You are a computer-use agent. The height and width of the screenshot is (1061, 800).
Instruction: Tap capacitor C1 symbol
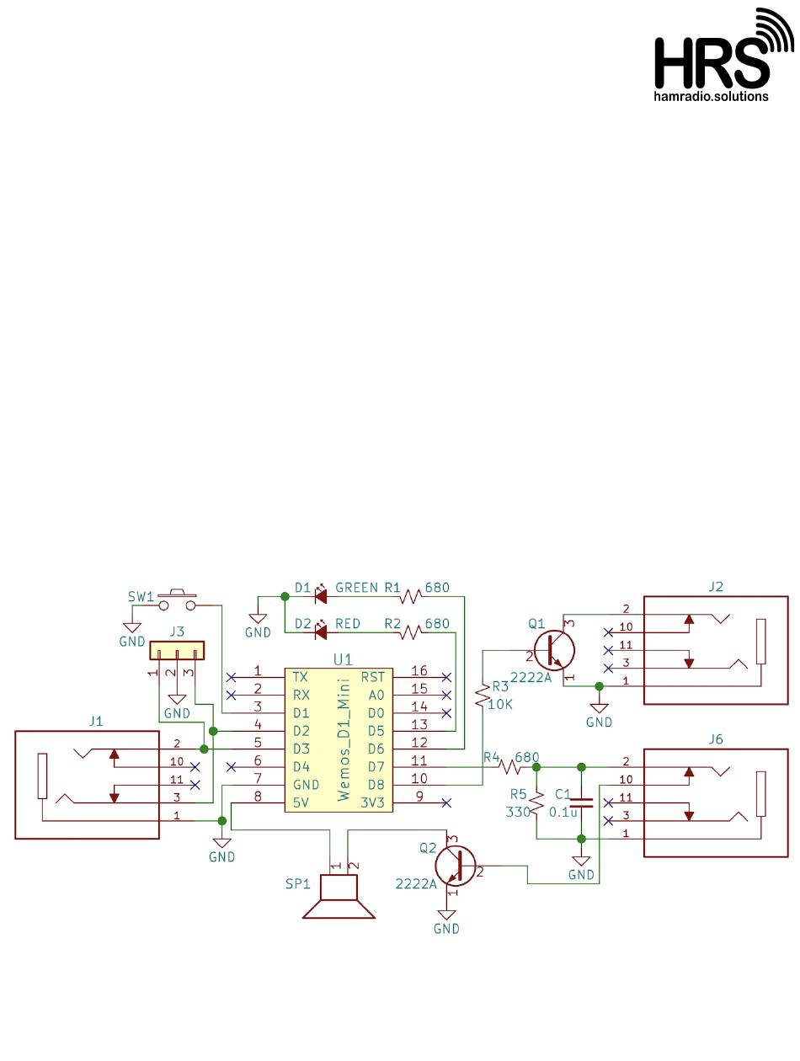coord(581,804)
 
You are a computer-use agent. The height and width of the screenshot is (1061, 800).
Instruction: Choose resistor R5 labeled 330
coord(537,803)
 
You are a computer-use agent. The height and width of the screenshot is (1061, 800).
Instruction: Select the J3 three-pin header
coord(177,650)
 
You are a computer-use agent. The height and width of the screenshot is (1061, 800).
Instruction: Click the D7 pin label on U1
coord(376,766)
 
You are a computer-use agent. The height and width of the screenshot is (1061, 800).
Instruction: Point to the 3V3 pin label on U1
coord(372,802)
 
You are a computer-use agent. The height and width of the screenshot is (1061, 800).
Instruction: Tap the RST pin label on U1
coord(373,677)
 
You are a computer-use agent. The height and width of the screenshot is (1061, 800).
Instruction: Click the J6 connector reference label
coord(716,739)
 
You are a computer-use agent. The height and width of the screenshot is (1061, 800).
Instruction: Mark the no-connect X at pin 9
coord(446,802)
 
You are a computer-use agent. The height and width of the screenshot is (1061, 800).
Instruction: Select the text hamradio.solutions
coord(711,96)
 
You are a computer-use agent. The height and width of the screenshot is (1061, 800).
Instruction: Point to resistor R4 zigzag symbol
coord(509,766)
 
